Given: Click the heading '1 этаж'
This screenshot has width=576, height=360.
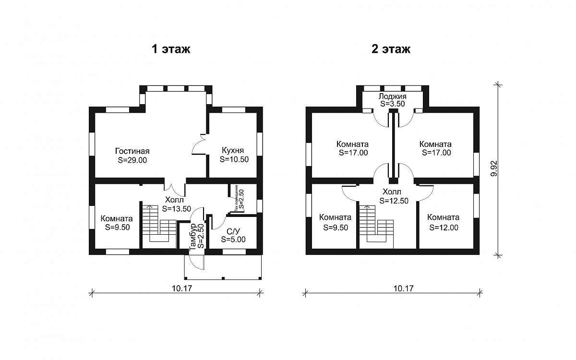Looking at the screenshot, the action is pos(171,49).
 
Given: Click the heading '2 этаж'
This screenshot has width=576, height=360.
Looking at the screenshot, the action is pos(391,49).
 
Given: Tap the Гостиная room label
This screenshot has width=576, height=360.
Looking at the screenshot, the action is pos(132,151).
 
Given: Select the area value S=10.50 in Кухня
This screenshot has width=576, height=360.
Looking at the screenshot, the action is pos(234,159).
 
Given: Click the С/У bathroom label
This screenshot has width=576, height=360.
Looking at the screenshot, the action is pos(233,230).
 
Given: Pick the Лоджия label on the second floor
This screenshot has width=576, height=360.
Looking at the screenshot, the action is pos(393,96).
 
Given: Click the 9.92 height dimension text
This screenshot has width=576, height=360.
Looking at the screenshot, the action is pos(494,168).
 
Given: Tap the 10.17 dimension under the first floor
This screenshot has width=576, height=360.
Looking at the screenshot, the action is pos(182,288).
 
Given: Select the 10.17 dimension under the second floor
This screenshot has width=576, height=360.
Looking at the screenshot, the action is pos(404,288).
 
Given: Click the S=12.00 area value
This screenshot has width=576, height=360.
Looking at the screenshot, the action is pos(444,228).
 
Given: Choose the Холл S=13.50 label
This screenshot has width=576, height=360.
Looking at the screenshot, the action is pos(177,204).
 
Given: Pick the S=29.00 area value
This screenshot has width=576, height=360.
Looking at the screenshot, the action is pos(132,160).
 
